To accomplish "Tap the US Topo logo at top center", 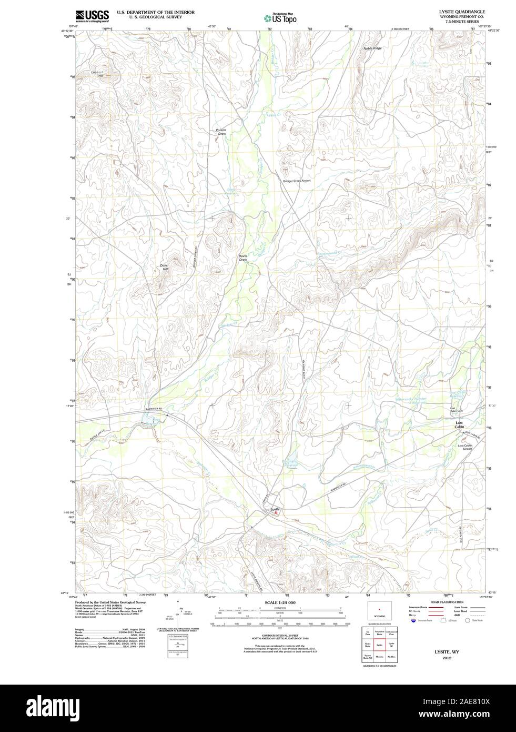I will click(280, 18).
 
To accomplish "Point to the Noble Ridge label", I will click(372, 48).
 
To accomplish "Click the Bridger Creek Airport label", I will click(297, 181).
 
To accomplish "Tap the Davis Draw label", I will click(242, 258).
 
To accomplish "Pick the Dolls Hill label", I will click(165, 267).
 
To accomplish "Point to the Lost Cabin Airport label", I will click(464, 448).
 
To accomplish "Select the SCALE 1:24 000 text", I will click(280, 602).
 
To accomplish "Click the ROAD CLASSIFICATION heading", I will click(447, 602).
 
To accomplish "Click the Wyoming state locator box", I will click(379, 612).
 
